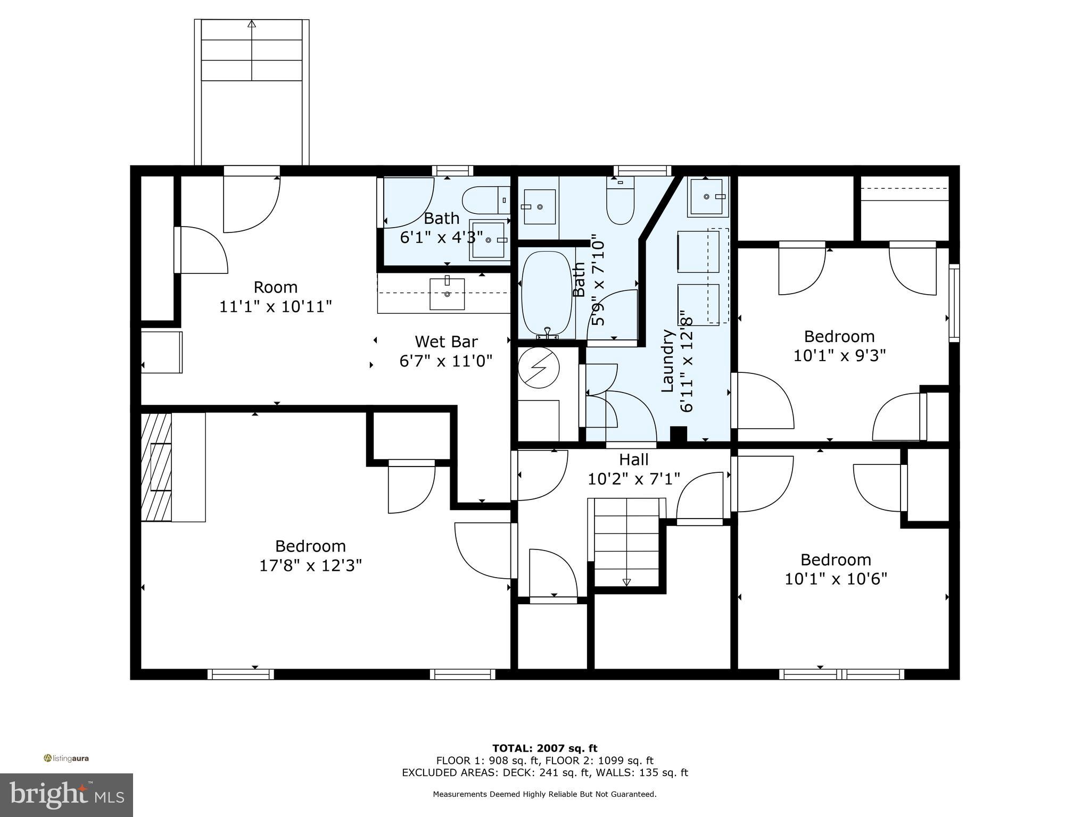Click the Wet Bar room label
pos(446,341)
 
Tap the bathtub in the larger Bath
pos(547,294)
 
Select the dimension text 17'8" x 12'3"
pos(310,565)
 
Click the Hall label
pos(633,460)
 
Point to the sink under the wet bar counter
pos(447,293)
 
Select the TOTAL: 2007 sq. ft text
pos(544,748)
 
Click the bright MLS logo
pos(67,795)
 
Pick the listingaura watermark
pos(66,758)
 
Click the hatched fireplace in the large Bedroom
pos(156,467)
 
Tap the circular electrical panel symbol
pos(539,367)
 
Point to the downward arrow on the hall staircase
pos(626,582)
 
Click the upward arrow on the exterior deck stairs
pos(252,23)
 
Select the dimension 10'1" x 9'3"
pos(839,356)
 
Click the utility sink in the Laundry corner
pos(707,197)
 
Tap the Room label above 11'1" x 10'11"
pos(275,287)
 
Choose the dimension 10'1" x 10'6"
pos(836,579)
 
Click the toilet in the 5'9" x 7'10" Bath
pos(620,205)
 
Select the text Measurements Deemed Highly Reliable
pos(544,794)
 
